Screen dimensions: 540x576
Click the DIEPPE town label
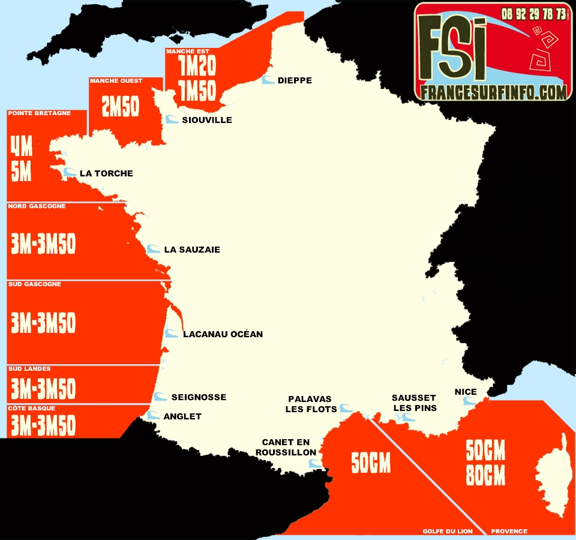[295, 80]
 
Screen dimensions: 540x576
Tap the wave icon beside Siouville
[172, 120]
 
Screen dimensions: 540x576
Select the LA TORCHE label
[106, 173]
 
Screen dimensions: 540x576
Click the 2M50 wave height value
[121, 107]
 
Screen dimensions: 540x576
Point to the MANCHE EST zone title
[188, 52]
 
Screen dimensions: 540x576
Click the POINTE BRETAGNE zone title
[40, 113]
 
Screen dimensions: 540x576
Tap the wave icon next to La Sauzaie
[154, 249]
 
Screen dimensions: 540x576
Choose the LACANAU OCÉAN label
[223, 334]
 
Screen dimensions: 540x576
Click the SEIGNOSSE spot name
[199, 397]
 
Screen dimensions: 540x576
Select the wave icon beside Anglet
[154, 415]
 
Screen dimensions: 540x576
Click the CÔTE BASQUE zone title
[32, 408]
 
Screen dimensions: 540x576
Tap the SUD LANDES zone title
[29, 368]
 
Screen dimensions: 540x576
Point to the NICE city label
[466, 392]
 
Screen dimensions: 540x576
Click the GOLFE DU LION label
[448, 531]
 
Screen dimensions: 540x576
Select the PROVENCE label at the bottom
[509, 531]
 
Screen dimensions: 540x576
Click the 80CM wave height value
[485, 476]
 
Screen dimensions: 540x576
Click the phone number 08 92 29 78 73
[533, 13]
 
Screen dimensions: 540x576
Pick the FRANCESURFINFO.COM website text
[493, 92]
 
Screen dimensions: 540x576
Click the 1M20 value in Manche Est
[197, 66]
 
